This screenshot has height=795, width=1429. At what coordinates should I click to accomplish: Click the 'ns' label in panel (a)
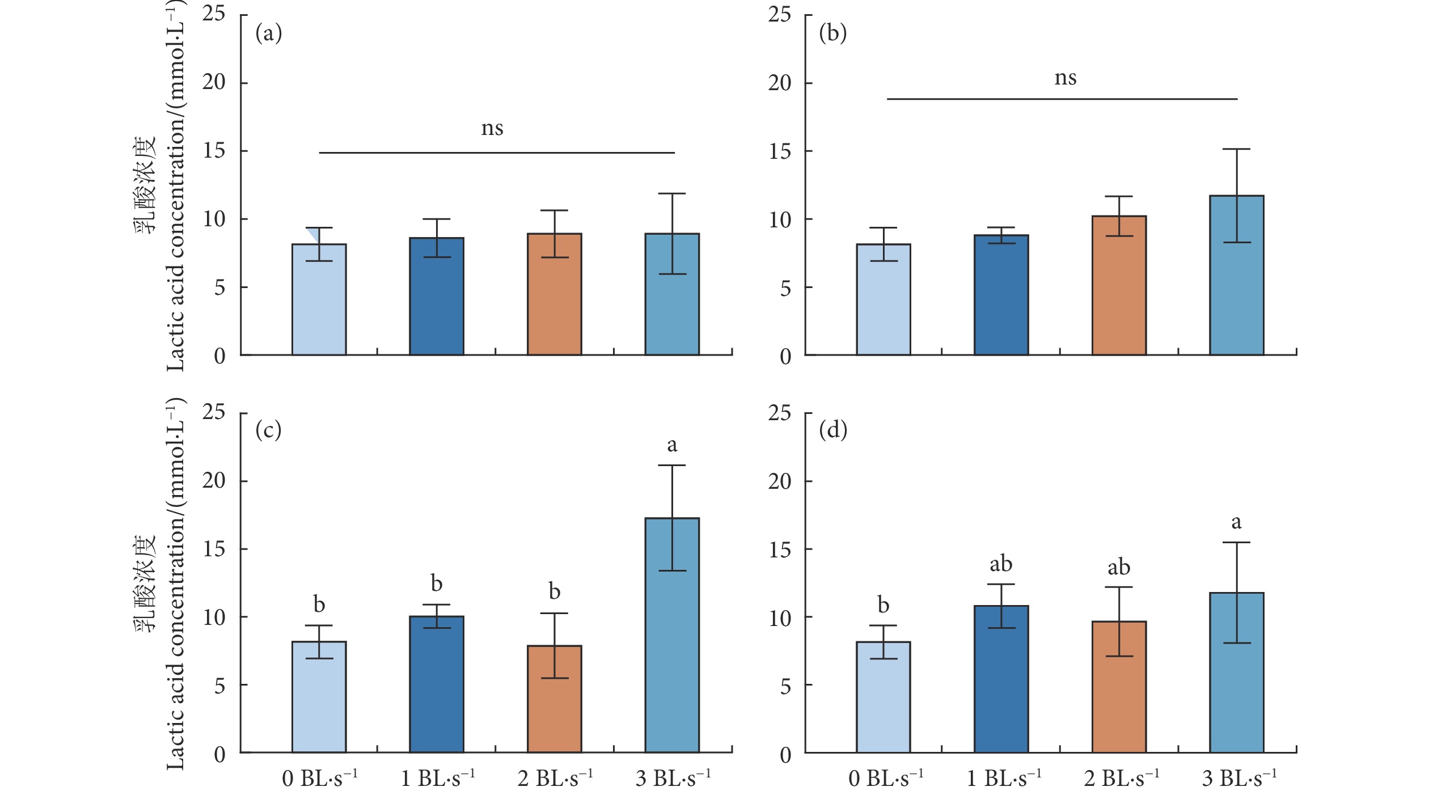tap(492, 129)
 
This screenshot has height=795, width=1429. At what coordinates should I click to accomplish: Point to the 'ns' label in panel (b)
tap(1065, 78)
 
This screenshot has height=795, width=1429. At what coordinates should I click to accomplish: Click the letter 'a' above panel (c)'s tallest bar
tap(672, 445)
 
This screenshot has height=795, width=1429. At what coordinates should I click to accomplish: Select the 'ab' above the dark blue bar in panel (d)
tap(1001, 564)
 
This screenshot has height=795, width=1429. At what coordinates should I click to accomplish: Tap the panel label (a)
tap(268, 33)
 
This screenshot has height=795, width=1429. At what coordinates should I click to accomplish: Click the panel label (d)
tap(833, 430)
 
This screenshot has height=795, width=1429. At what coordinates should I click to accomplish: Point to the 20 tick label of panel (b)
tap(779, 83)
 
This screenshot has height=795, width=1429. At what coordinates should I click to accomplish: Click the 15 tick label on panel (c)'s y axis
tap(214, 549)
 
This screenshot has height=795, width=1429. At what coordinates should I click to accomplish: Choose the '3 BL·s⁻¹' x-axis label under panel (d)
tap(1239, 778)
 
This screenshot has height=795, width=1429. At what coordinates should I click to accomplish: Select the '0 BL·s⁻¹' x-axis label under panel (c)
tap(319, 778)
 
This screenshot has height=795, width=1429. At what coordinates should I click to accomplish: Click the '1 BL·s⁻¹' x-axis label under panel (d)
tap(1004, 778)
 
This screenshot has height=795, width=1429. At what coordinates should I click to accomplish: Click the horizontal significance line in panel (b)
tap(1062, 99)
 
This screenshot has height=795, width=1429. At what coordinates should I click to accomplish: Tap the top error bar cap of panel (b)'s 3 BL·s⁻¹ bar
tap(1236, 149)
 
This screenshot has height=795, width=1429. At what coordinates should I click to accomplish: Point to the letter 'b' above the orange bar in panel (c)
tap(554, 592)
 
